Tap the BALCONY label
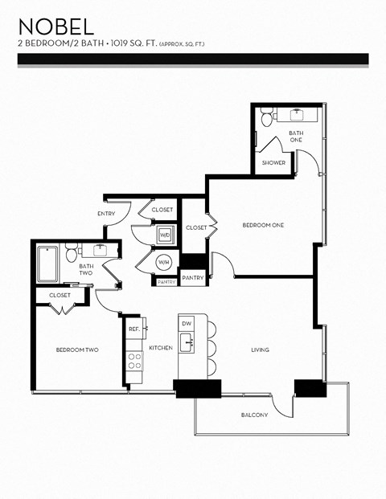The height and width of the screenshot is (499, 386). tap(254, 415)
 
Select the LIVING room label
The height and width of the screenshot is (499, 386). tap(260, 350)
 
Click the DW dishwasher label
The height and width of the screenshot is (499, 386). tap(186, 323)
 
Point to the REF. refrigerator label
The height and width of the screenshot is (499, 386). tap(133, 329)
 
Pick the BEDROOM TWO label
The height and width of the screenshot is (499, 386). tap(77, 350)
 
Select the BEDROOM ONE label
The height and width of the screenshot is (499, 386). tap(263, 225)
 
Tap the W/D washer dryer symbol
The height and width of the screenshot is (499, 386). tap(165, 235)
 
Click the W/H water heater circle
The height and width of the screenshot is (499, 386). tap(163, 262)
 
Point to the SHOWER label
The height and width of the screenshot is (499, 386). tap(273, 162)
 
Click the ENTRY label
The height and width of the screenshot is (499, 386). tap(106, 214)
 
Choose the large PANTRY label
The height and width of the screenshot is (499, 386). tap(192, 277)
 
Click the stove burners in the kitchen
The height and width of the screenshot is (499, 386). tap(133, 361)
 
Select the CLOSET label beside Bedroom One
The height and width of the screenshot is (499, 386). tap(196, 227)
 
